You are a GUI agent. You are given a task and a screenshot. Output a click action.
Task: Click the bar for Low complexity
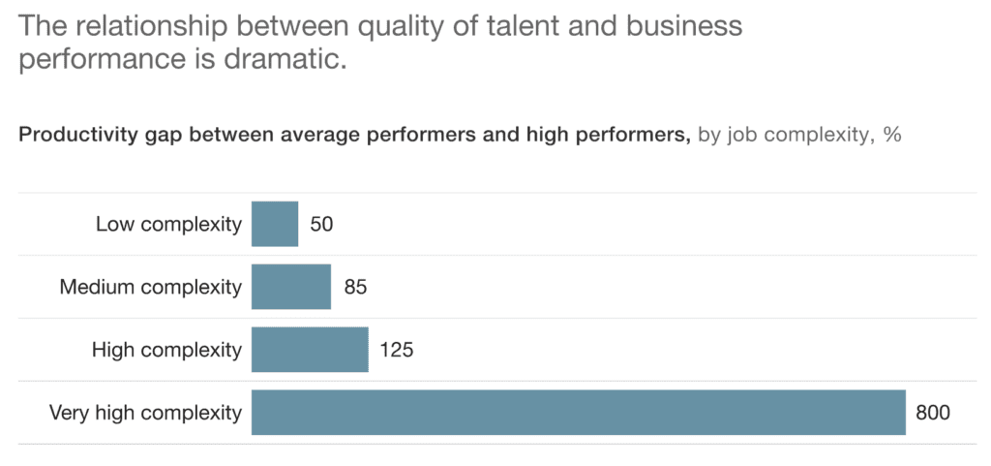(275, 224)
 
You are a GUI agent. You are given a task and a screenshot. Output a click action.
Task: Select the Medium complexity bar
(291, 287)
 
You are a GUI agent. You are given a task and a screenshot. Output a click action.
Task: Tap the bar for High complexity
(310, 350)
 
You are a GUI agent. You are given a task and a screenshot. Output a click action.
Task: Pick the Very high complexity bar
(578, 413)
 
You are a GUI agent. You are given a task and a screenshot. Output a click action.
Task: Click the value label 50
(321, 225)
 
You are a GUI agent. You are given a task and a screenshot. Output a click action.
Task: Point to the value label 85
(355, 288)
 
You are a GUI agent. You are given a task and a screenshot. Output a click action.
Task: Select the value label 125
(397, 350)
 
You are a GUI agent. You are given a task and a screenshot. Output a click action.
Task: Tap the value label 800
(935, 413)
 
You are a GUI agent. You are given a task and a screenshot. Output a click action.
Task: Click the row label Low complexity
(168, 225)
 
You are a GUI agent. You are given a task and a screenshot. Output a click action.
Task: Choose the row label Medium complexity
(150, 288)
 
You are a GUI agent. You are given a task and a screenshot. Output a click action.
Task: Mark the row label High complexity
(166, 350)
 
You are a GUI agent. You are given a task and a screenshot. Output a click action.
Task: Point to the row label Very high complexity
(145, 413)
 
